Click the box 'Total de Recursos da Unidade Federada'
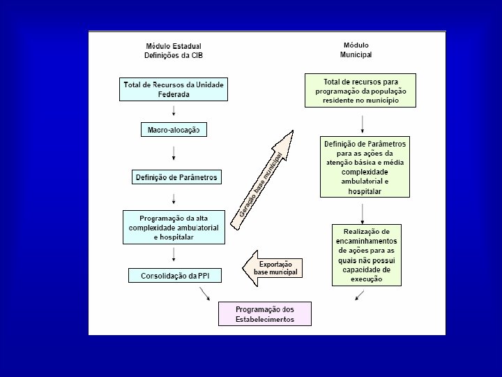click(x=174, y=89)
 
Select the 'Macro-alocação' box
click(x=174, y=130)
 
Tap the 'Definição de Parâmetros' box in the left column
click(x=176, y=177)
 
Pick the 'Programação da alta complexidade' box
click(x=174, y=227)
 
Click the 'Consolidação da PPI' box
click(x=174, y=276)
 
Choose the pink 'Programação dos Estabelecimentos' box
click(x=265, y=313)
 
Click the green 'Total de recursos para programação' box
click(x=360, y=90)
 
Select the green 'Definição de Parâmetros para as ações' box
click(x=365, y=168)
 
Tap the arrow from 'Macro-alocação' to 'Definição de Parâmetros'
click(x=174, y=153)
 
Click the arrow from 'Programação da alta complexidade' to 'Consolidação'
click(x=174, y=256)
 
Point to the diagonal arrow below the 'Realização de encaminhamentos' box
click(x=359, y=295)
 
